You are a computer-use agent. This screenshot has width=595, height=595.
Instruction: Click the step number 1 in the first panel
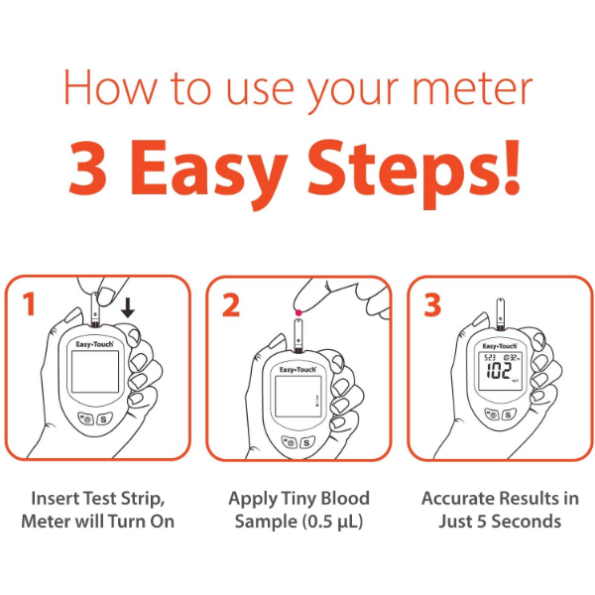click(x=30, y=304)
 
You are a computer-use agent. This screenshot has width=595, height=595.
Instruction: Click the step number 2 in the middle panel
click(x=231, y=304)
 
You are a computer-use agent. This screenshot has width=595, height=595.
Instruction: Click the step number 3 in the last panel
click(x=432, y=304)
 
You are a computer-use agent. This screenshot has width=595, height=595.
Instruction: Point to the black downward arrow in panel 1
click(x=127, y=309)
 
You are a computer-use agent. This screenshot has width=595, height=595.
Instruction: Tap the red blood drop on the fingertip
click(x=297, y=313)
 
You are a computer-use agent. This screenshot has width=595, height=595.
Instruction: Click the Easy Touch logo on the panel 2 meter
click(x=298, y=369)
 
